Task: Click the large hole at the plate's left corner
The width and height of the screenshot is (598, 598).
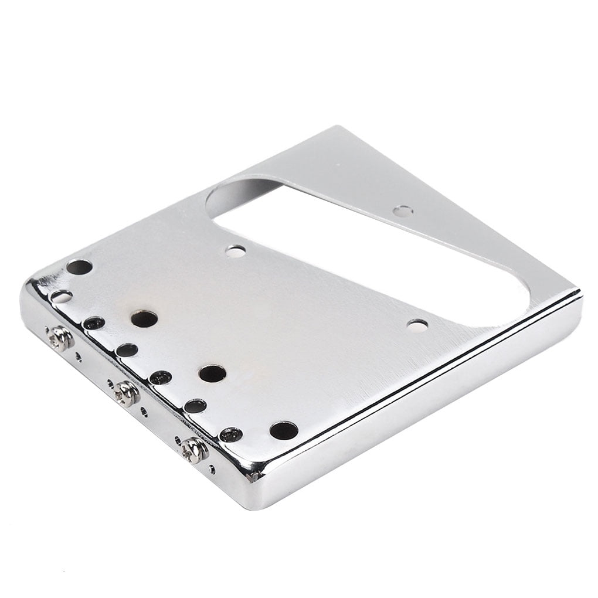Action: pos(79,267)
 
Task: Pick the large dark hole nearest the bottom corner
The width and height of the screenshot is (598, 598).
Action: pos(284,430)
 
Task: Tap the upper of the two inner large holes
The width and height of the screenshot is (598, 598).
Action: pos(144,319)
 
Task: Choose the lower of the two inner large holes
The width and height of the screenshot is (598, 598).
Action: pos(212,373)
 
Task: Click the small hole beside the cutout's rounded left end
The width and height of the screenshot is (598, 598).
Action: pos(235,252)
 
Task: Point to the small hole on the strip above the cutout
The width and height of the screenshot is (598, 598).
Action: pos(403,210)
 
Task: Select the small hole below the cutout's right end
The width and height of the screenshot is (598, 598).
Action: pos(417,325)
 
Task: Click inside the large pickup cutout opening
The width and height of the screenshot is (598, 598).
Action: pos(375,246)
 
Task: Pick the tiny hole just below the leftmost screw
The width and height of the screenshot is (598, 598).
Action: pos(79,356)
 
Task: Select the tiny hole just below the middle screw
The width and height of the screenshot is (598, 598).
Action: pos(144,412)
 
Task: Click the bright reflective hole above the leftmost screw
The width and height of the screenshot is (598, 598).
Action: pos(61,296)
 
